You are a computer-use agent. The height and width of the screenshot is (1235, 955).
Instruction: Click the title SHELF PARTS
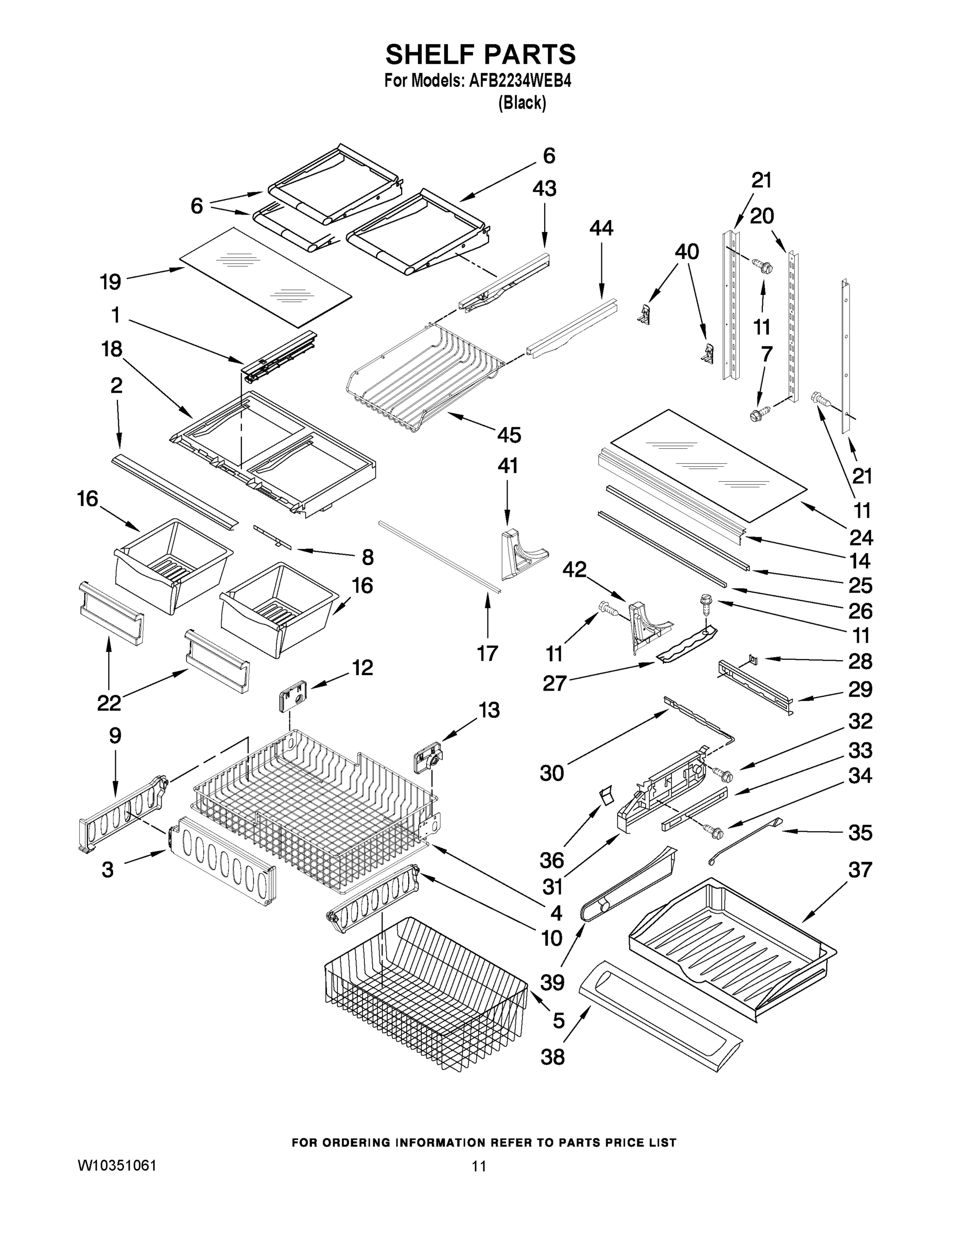pos(480,55)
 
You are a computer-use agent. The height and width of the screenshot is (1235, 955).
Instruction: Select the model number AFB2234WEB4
pos(520,81)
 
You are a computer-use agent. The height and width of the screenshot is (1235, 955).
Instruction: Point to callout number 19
pos(111,281)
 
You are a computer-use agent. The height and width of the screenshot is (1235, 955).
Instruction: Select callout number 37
pos(860,870)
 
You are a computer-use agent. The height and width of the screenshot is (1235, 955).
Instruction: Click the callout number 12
pos(362,667)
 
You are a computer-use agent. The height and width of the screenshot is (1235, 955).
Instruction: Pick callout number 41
pos(508,465)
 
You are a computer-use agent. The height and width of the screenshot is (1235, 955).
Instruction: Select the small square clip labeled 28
pos(753,658)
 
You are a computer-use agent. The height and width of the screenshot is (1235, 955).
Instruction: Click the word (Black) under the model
pos(522,103)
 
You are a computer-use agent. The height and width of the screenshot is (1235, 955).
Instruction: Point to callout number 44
pos(601,228)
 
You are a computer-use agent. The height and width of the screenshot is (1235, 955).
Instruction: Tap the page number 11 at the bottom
pos(479,1166)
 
